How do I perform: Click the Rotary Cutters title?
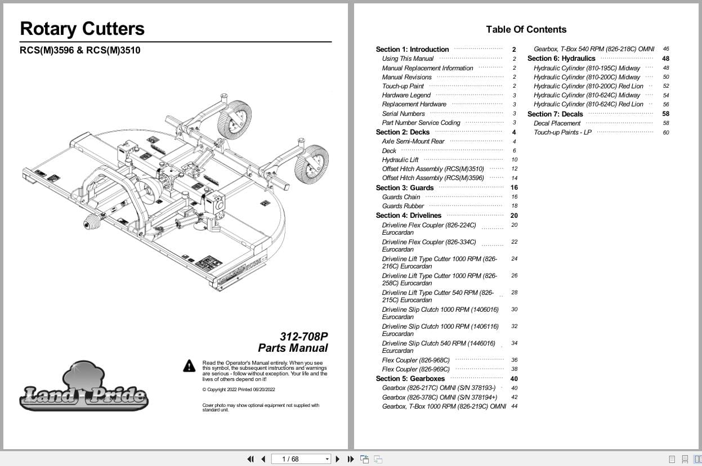click(82, 29)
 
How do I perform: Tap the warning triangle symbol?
click(189, 366)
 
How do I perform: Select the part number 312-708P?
click(303, 337)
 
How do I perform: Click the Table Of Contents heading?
click(526, 29)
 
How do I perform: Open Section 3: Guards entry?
click(405, 187)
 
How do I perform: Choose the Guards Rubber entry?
click(403, 206)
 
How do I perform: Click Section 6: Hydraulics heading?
click(561, 59)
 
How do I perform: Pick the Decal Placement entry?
click(557, 123)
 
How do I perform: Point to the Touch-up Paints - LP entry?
click(562, 132)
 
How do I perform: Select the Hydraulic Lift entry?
click(400, 160)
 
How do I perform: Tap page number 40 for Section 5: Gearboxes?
click(514, 379)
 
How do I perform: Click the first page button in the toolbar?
click(251, 459)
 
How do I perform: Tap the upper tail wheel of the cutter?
click(234, 119)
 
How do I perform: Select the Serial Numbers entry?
click(403, 114)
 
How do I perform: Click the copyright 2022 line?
click(239, 389)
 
